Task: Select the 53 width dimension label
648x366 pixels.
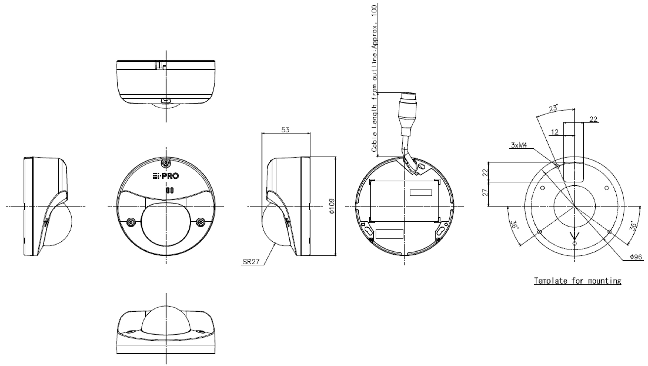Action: (x=285, y=130)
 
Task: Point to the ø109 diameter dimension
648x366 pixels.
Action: (x=332, y=206)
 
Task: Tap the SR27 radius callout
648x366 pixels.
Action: (x=251, y=262)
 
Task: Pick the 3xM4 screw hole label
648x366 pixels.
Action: (x=519, y=145)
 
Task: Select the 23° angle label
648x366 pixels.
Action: (x=553, y=108)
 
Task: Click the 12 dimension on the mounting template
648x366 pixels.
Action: (x=555, y=132)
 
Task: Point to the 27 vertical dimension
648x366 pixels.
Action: (x=485, y=193)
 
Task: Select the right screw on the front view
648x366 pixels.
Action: (x=201, y=222)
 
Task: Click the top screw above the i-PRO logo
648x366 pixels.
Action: (x=166, y=163)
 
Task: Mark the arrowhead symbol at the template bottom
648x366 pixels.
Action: (x=574, y=237)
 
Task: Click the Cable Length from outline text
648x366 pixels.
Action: (x=374, y=78)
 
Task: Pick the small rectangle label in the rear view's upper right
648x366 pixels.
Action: (x=421, y=193)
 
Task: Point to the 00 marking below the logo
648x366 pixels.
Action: (x=170, y=190)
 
